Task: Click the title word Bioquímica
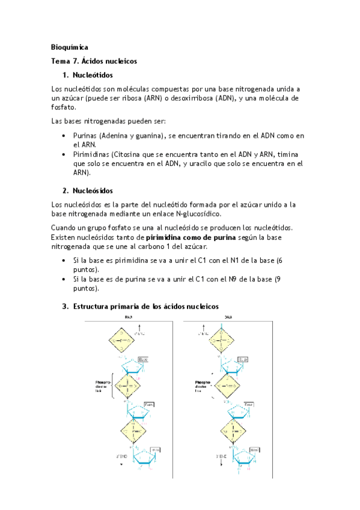click(69, 46)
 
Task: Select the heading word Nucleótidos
click(93, 75)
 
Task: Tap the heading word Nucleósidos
click(93, 191)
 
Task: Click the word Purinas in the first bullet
click(86, 137)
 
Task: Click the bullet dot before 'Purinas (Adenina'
click(64, 137)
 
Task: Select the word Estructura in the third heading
click(94, 306)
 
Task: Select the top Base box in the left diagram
click(143, 359)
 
